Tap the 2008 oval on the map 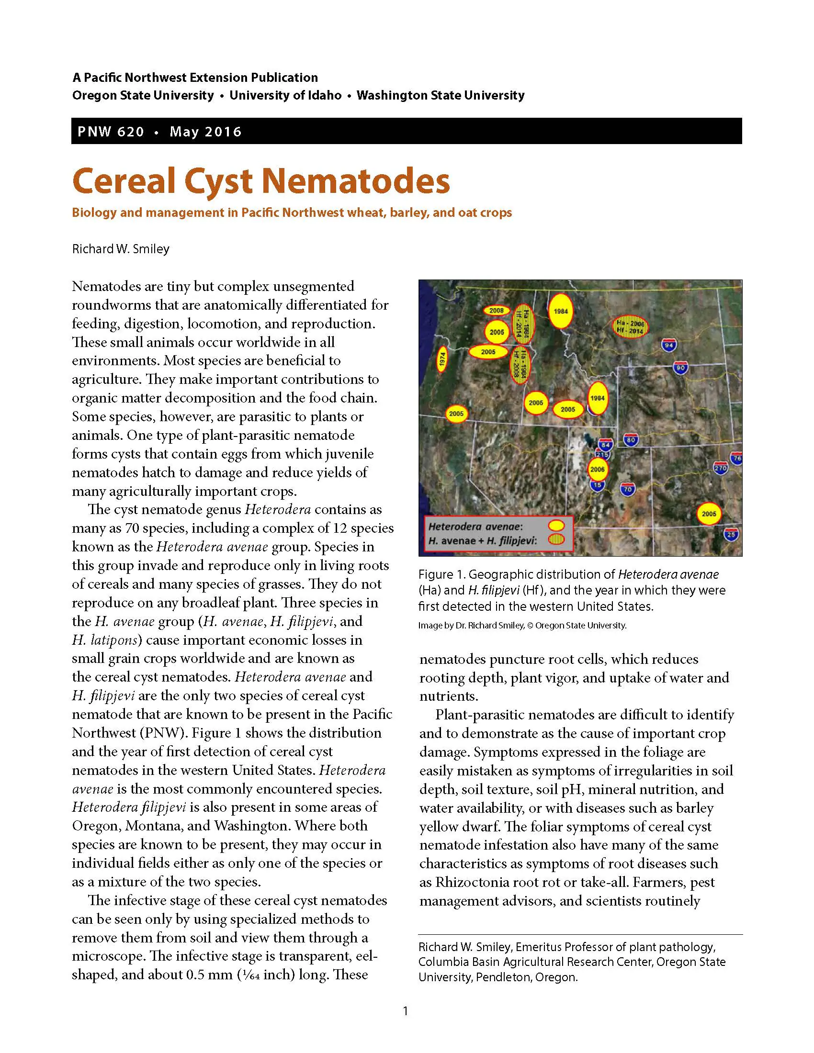(496, 311)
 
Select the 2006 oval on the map (597, 469)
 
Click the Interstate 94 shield (668, 345)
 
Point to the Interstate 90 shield (680, 368)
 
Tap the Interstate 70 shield (627, 489)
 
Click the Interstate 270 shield (720, 468)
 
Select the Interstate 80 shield (631, 439)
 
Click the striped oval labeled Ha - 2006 (630, 327)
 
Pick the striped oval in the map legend (557, 539)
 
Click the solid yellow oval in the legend (557, 525)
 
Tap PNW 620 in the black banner (111, 132)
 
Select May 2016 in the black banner (205, 132)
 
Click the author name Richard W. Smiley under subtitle (121, 249)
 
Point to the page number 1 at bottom (406, 1010)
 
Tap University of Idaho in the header (285, 95)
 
